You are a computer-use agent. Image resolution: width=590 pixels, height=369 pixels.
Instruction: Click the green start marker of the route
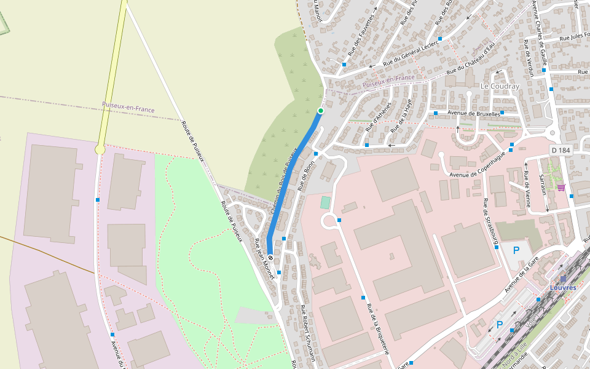tap(320, 111)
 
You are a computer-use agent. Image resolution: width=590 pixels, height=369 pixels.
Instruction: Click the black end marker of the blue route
tap(270, 258)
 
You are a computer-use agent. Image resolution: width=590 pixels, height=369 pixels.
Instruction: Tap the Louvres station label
tap(563, 287)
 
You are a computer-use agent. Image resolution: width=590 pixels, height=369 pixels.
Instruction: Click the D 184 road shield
tap(561, 150)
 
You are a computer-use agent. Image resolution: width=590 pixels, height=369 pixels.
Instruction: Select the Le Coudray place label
tap(500, 86)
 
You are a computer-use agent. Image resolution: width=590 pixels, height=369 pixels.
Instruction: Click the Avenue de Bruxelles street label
tap(473, 113)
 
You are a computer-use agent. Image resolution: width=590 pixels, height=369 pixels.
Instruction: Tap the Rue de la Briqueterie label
tap(378, 328)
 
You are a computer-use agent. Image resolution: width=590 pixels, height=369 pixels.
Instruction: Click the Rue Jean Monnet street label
tap(264, 260)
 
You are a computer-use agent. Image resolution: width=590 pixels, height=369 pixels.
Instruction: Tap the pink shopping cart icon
tap(560, 188)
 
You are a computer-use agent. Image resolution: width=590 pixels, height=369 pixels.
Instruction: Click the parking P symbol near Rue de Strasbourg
tap(516, 250)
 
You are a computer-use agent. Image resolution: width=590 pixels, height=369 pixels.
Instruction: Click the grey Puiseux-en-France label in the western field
tap(128, 108)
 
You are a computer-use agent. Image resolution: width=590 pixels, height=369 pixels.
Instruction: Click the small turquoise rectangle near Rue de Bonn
tap(325, 202)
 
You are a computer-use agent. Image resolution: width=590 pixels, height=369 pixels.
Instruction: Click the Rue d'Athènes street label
tap(379, 116)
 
